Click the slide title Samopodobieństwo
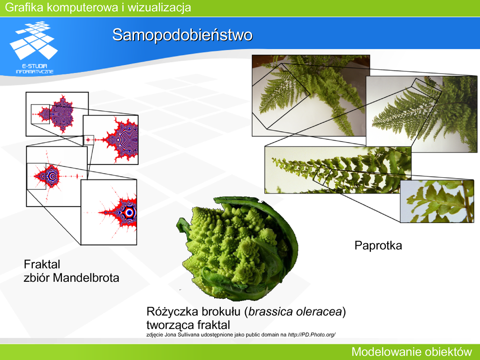[x=182, y=35]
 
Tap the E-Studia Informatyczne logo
[x=34, y=47]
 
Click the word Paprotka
[x=378, y=246]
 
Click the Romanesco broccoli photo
[x=237, y=248]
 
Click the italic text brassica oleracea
[x=295, y=312]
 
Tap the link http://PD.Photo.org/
[x=312, y=335]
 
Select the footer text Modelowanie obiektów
[x=412, y=352]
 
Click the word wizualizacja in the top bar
[x=159, y=7]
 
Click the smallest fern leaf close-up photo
[x=437, y=201]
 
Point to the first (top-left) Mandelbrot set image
[x=57, y=114]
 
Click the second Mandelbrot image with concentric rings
[x=111, y=140]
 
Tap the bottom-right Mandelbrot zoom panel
[x=109, y=212]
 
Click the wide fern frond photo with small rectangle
[x=337, y=170]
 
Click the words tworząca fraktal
[x=188, y=325]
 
